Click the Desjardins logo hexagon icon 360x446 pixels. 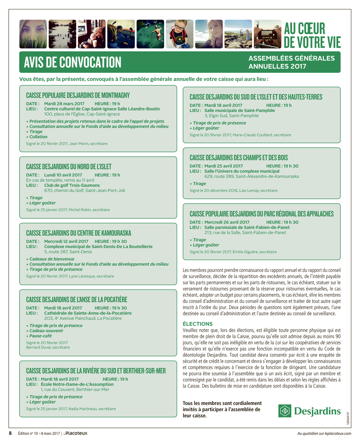coord(285,411)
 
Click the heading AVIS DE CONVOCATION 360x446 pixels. coord(72,62)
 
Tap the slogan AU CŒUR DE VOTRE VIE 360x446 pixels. coord(312,35)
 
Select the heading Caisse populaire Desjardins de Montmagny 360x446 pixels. coord(78,95)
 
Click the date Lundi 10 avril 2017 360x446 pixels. coord(63,175)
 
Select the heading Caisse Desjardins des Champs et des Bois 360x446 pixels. coord(239,158)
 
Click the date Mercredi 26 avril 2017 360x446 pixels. coord(227,222)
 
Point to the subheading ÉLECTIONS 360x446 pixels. coord(198,324)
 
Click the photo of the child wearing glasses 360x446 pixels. coord(179,34)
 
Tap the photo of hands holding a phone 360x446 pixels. coord(267,34)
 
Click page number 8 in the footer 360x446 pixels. coord(10,433)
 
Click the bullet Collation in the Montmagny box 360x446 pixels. coord(38,137)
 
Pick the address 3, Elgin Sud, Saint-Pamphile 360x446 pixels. coord(231,116)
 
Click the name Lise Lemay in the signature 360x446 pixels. coord(249,191)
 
